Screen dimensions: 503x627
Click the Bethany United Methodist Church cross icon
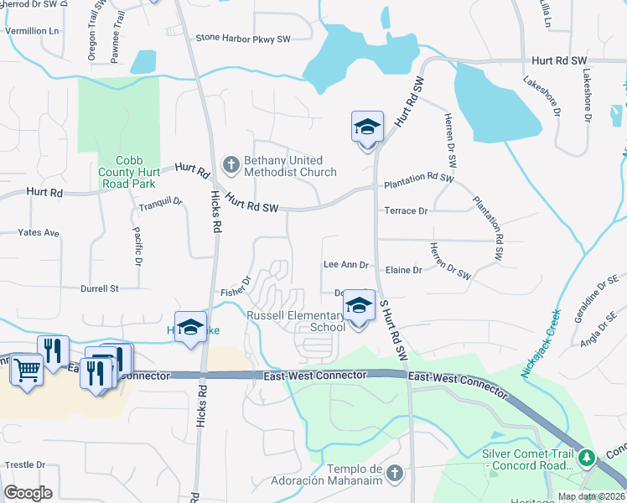(x=231, y=164)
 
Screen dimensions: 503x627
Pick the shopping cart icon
(x=28, y=369)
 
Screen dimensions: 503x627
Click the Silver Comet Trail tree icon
(x=588, y=458)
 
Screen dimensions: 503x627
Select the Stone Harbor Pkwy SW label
(x=242, y=38)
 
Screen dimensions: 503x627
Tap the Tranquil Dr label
(x=161, y=202)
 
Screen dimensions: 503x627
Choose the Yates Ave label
(x=39, y=232)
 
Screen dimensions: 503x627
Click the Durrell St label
(x=100, y=288)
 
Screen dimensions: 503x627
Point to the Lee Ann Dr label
(x=345, y=265)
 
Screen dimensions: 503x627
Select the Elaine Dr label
(x=404, y=270)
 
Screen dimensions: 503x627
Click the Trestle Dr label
(x=25, y=464)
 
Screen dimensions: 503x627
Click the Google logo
(x=28, y=493)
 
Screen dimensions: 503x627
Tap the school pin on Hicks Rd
(x=190, y=327)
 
